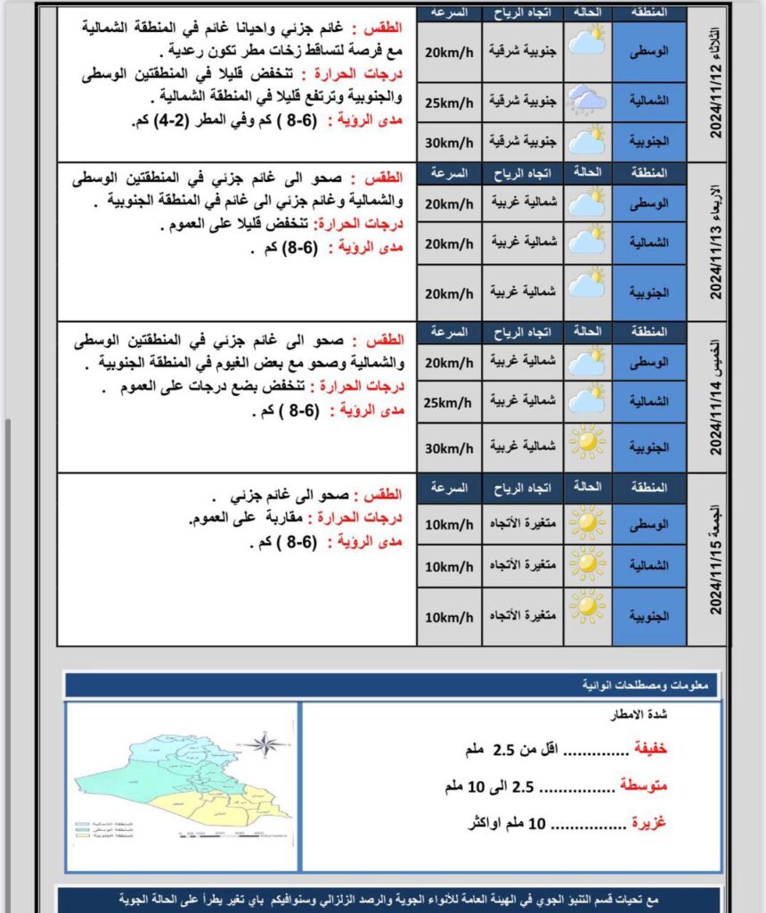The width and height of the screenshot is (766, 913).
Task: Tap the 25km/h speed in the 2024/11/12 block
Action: pos(448,101)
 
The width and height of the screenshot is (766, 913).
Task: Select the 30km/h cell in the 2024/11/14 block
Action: pos(448,446)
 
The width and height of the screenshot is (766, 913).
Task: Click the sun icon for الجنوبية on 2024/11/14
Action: pos(587,442)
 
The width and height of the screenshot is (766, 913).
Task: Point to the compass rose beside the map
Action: pos(266,744)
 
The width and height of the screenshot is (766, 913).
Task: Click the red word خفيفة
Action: pos(649,749)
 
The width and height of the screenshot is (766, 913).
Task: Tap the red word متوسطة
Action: pos(642,786)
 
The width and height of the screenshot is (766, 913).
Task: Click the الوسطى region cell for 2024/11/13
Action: pos(649,204)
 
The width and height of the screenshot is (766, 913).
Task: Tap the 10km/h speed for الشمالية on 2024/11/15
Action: pos(448,566)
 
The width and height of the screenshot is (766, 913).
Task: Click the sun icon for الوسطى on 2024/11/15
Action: pos(587,523)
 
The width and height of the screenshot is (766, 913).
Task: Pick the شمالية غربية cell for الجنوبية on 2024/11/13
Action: pos(522,292)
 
